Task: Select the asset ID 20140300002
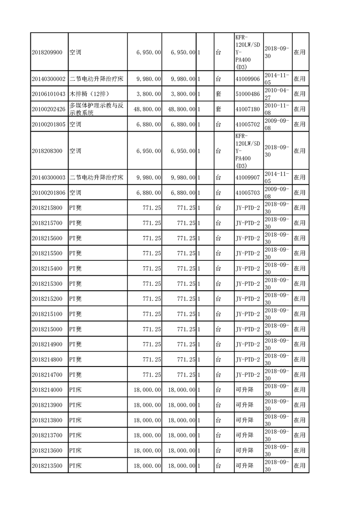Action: (49, 79)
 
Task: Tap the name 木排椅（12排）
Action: (89, 94)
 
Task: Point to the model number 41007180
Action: (248, 109)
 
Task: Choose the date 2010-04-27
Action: (277, 94)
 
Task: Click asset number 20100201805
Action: (49, 124)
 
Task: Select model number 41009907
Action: (248, 177)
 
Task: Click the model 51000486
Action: (248, 94)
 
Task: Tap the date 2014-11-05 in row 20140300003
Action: (277, 177)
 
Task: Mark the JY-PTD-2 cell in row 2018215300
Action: (248, 284)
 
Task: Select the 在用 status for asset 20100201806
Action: (300, 192)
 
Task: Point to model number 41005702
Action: (248, 124)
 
